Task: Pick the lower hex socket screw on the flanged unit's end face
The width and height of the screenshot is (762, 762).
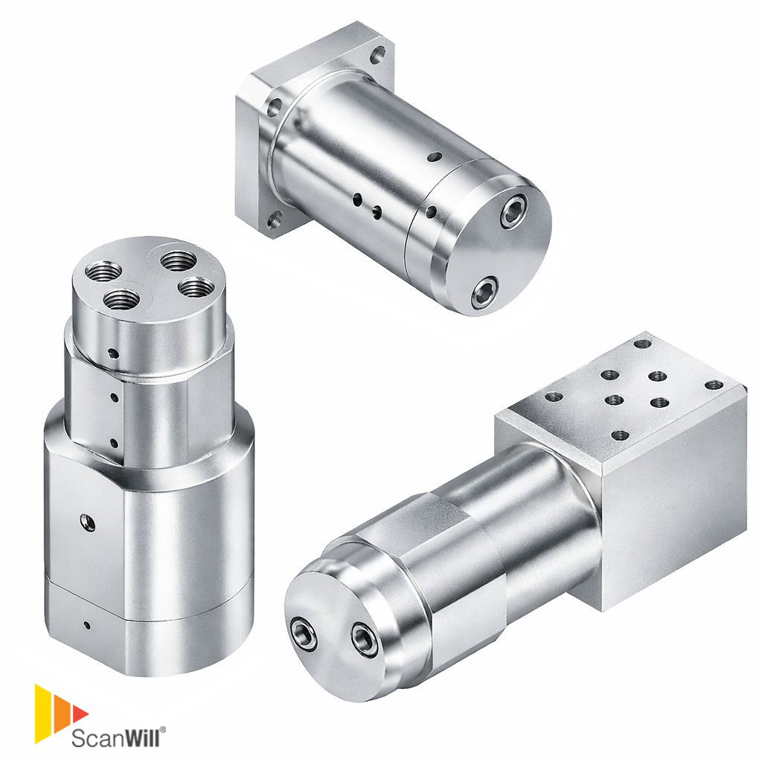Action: pos(484,292)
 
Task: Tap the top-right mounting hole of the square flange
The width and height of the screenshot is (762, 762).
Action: pos(378,55)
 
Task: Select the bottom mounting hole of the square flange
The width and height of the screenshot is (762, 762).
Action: pos(274,221)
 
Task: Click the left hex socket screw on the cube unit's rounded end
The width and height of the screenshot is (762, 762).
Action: pos(303,635)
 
